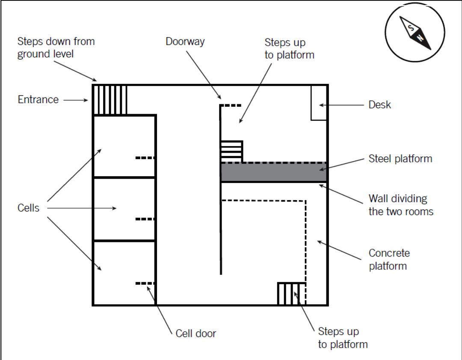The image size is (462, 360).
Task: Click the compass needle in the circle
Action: (x=415, y=32)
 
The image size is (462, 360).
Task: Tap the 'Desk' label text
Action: (x=379, y=105)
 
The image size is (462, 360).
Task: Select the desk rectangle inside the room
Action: (x=319, y=103)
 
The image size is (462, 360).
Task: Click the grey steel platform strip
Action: (x=274, y=172)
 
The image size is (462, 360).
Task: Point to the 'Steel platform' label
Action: (x=400, y=159)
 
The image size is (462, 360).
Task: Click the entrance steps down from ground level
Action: (x=110, y=100)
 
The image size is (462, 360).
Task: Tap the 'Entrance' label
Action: (x=38, y=100)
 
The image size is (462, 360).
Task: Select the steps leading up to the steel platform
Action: (x=231, y=152)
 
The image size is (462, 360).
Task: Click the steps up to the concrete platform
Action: (x=292, y=294)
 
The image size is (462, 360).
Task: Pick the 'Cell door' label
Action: (x=195, y=333)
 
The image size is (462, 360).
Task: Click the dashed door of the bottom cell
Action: (x=145, y=283)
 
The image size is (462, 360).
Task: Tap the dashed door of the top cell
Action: (x=145, y=158)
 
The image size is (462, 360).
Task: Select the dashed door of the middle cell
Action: (x=145, y=219)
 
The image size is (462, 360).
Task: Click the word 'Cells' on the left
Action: (x=28, y=208)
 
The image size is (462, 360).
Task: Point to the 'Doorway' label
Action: (x=185, y=41)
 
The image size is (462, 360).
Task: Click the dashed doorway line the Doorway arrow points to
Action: (x=231, y=105)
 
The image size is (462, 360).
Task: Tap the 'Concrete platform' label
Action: (x=389, y=259)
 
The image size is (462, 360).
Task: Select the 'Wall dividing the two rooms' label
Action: (x=401, y=205)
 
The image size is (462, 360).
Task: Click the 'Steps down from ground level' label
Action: (x=56, y=47)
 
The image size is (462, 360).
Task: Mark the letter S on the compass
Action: (x=411, y=28)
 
